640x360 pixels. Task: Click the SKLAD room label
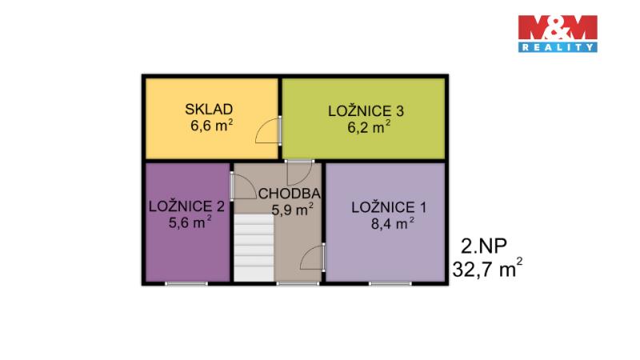pyautogui.click(x=209, y=110)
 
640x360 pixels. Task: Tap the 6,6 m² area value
pyautogui.click(x=211, y=126)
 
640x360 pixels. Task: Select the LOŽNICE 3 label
pyautogui.click(x=366, y=110)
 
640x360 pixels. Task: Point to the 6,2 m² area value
pyautogui.click(x=369, y=127)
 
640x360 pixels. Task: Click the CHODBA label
pyautogui.click(x=290, y=194)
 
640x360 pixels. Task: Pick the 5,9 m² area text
pyautogui.click(x=292, y=210)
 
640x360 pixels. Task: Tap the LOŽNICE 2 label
pyautogui.click(x=186, y=206)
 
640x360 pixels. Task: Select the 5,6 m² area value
pyautogui.click(x=190, y=222)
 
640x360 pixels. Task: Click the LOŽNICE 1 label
pyautogui.click(x=389, y=207)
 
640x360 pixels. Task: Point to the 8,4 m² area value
pyautogui.click(x=393, y=224)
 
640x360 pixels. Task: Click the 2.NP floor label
pyautogui.click(x=484, y=246)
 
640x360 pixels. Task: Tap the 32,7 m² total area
pyautogui.click(x=487, y=268)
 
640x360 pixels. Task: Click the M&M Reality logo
pyautogui.click(x=558, y=34)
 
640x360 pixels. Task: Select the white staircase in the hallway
pyautogui.click(x=254, y=248)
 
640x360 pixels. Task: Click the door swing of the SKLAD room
pyautogui.click(x=268, y=130)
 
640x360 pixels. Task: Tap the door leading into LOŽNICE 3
pyautogui.click(x=299, y=173)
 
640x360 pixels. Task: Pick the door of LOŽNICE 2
pyautogui.click(x=243, y=186)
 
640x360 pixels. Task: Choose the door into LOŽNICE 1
pyautogui.click(x=313, y=257)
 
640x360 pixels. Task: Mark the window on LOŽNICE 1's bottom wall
pyautogui.click(x=390, y=283)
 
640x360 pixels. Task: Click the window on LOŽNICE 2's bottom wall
pyautogui.click(x=186, y=283)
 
